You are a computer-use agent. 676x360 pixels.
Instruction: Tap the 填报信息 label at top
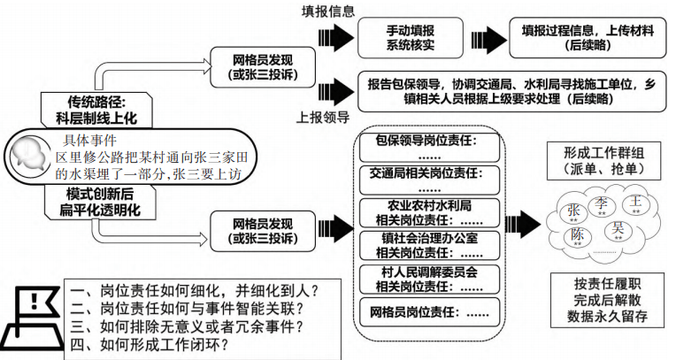pos(329,11)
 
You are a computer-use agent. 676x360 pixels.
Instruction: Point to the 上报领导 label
pos(324,115)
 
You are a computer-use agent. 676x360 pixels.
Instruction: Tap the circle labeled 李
pos(602,205)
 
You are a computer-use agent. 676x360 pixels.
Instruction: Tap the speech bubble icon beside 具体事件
pos(32,157)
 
